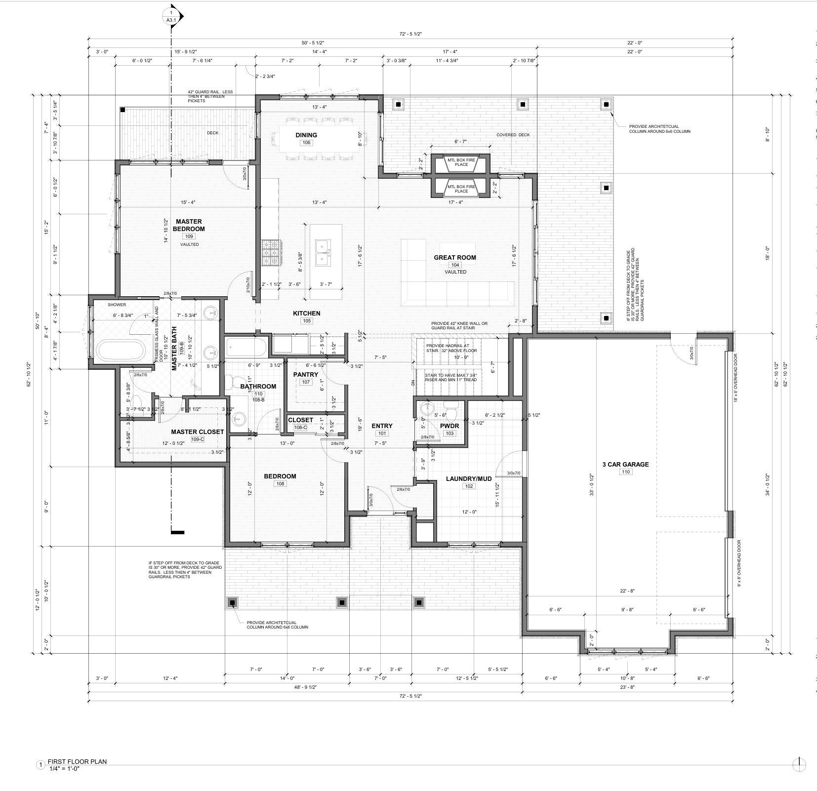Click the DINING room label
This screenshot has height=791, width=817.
306,135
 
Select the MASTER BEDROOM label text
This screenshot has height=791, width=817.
189,225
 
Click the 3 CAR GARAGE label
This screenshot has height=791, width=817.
625,464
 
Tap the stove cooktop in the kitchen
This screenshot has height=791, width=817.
270,253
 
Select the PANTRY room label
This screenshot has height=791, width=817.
305,375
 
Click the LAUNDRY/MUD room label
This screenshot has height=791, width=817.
469,478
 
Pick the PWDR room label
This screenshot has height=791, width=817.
449,426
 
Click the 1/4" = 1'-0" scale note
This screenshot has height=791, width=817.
64,782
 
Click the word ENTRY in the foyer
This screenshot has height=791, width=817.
382,426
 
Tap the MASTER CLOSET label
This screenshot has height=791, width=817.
198,432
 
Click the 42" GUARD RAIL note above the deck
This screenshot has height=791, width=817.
206,96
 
